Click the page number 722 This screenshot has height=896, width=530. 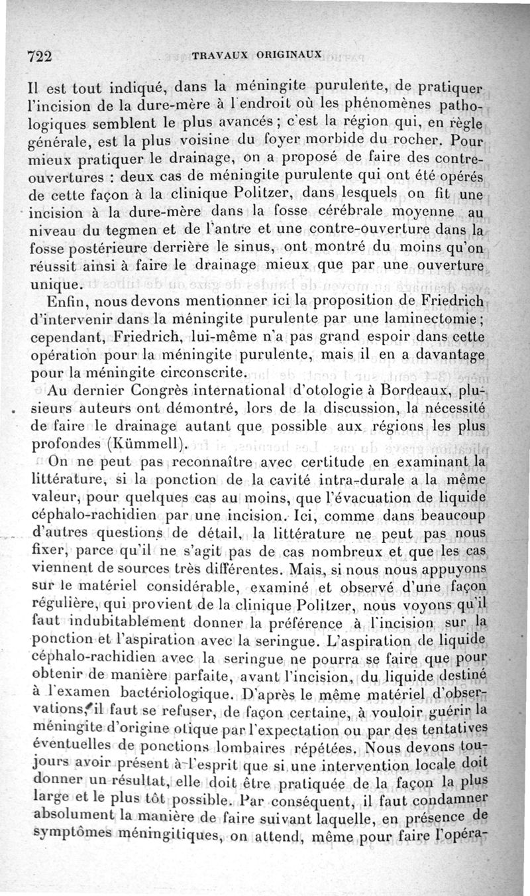(39, 56)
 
